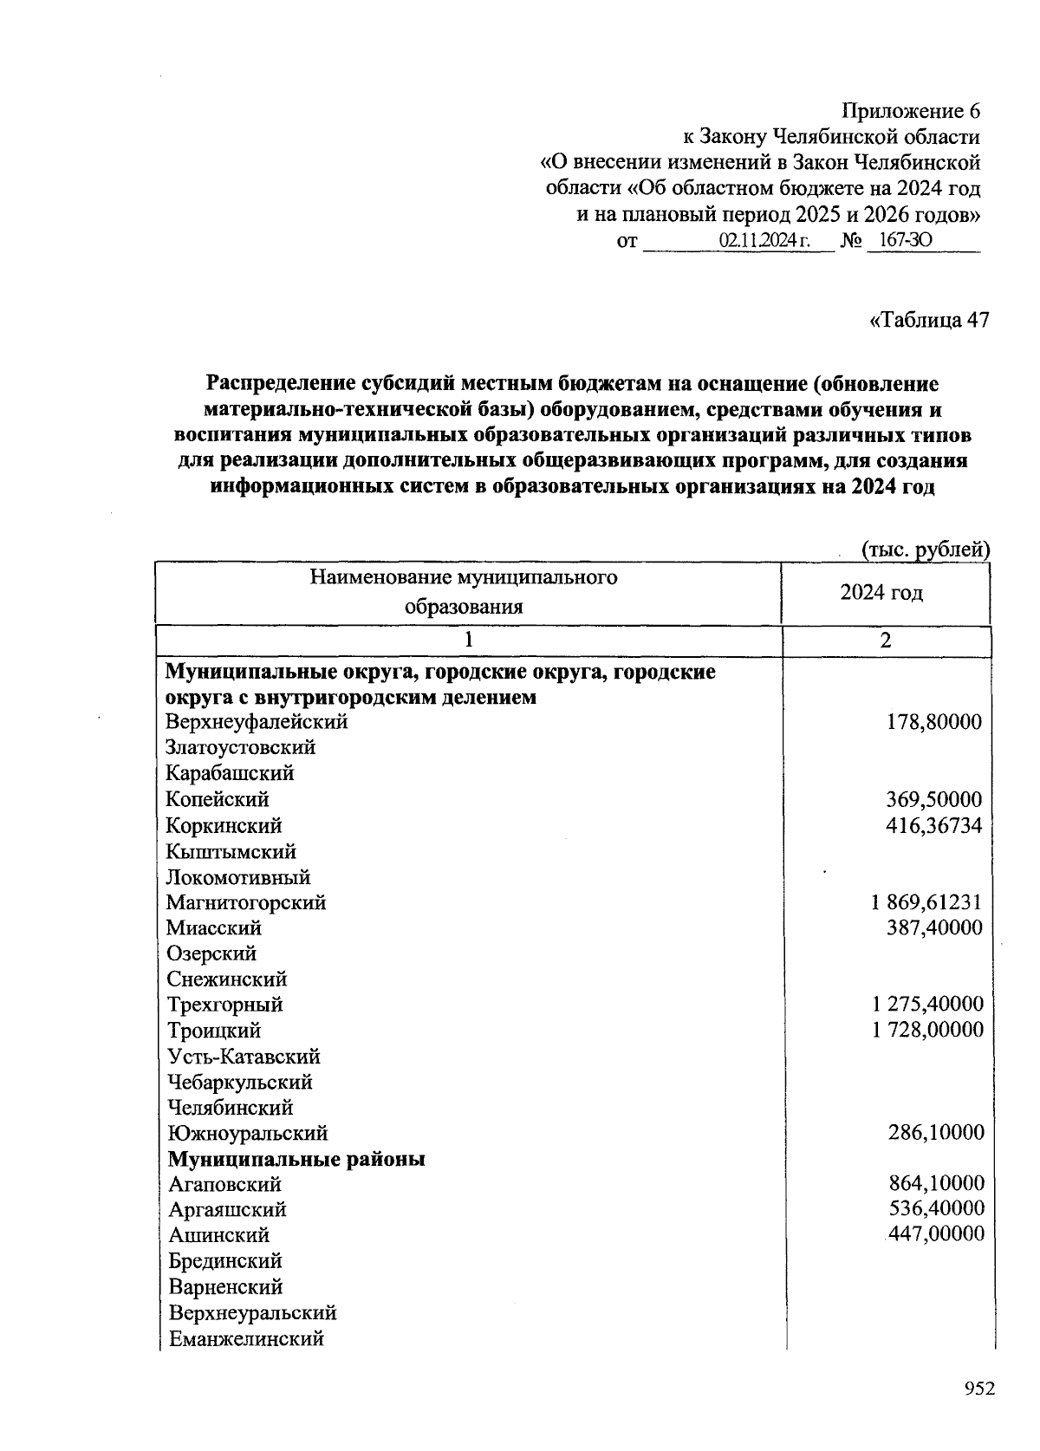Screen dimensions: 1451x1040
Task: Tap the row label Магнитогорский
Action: [x=246, y=902]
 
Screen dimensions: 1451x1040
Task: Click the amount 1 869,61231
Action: [x=926, y=902]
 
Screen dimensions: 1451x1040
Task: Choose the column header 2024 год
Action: [x=881, y=593]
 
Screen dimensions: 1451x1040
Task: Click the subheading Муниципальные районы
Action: [x=296, y=1159]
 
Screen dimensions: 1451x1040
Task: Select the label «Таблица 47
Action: [x=928, y=321]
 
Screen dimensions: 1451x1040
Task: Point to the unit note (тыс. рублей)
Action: [x=925, y=549]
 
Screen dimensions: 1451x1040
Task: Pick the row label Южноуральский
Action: [x=248, y=1133]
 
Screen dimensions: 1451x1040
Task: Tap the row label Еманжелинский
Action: [x=246, y=1338]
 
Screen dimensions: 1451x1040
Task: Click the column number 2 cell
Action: [x=885, y=641]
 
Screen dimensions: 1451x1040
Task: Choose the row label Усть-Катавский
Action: [x=244, y=1057]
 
